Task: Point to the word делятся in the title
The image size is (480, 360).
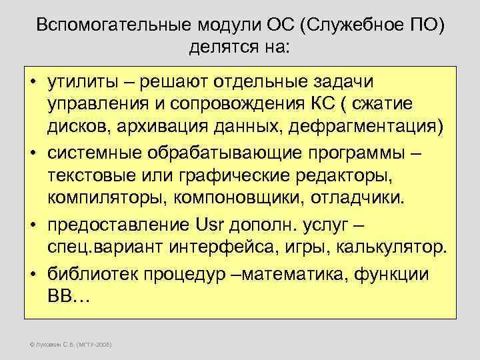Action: coord(219,47)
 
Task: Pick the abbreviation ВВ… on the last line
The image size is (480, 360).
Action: coord(67,297)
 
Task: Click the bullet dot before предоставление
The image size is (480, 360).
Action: coord(32,226)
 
